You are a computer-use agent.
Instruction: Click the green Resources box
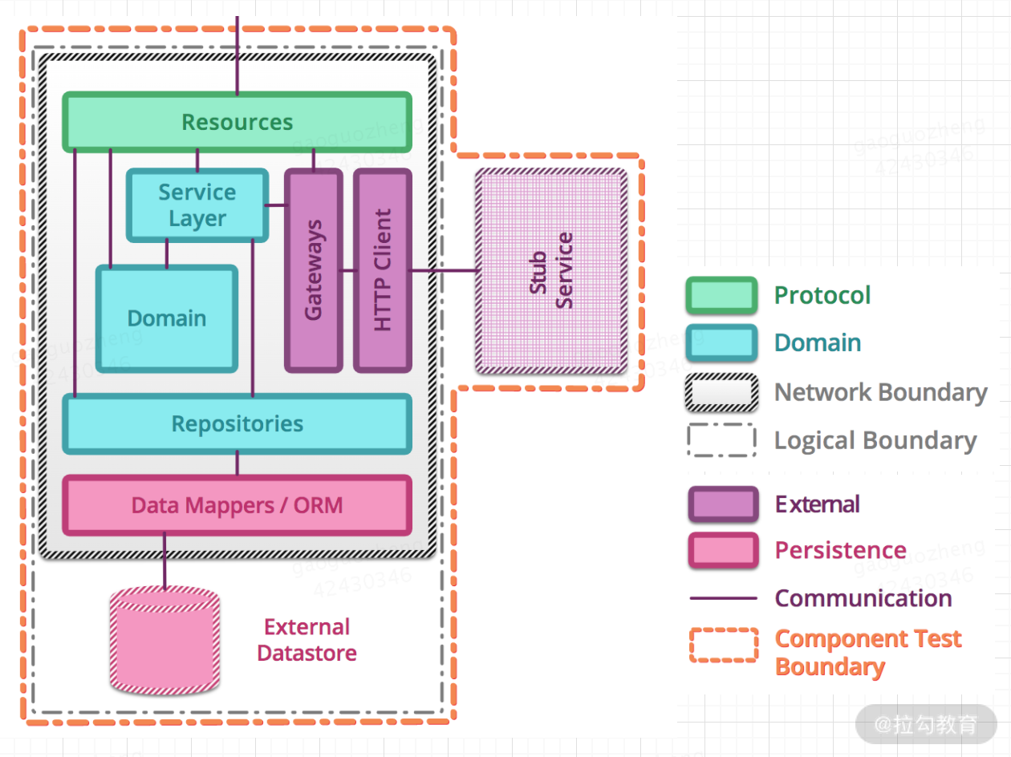click(x=237, y=122)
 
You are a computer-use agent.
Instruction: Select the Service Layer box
click(x=197, y=205)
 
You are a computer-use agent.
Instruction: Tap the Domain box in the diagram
click(x=167, y=318)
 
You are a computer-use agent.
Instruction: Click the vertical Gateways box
click(x=314, y=270)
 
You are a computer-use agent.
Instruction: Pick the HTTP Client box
click(x=383, y=270)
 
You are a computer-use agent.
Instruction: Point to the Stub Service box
click(x=551, y=271)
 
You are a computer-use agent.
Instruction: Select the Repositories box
click(x=237, y=423)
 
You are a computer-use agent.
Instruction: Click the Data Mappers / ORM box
click(x=237, y=505)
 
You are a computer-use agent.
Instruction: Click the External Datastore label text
click(x=307, y=639)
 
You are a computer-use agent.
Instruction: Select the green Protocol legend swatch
click(x=721, y=295)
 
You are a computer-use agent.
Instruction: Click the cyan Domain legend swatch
click(x=721, y=342)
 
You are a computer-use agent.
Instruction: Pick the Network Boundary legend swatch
click(x=721, y=392)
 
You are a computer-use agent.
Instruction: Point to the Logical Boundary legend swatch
click(x=721, y=440)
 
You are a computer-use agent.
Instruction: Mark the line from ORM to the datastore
click(x=164, y=561)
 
